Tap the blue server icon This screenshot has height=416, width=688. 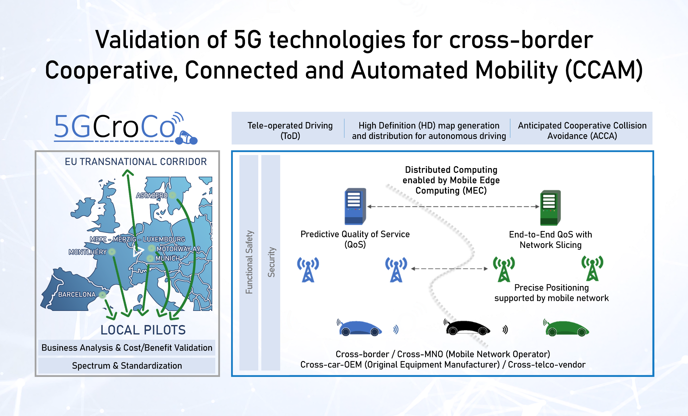click(x=355, y=206)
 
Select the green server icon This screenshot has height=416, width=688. click(x=550, y=208)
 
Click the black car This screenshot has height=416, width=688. click(x=467, y=328)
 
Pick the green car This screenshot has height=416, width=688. click(x=566, y=328)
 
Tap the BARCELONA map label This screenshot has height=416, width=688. click(x=77, y=295)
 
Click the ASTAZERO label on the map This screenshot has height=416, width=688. click(x=152, y=196)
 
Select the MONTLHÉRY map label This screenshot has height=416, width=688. click(x=88, y=252)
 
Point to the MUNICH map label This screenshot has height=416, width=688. click(x=168, y=258)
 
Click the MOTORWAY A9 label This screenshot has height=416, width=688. click(x=178, y=249)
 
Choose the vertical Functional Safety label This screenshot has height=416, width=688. click(x=249, y=262)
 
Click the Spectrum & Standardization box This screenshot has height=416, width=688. click(x=127, y=366)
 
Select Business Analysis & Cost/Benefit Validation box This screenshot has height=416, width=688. click(x=127, y=347)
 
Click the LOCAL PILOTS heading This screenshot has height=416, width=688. click(x=143, y=330)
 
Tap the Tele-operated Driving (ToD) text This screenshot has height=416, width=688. click(x=290, y=131)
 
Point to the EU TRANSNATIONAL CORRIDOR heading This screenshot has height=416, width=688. click(x=136, y=162)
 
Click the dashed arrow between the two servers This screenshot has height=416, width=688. click(x=453, y=207)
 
